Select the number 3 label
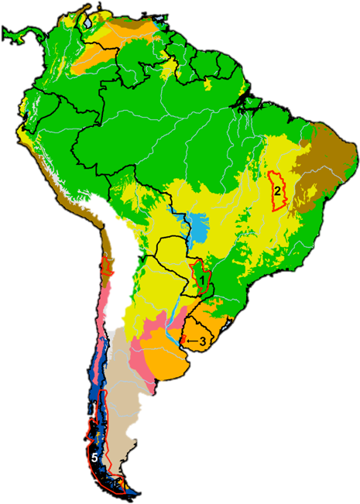coord(202,341)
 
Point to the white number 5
coord(94,458)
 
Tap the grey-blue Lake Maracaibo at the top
coord(87,24)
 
